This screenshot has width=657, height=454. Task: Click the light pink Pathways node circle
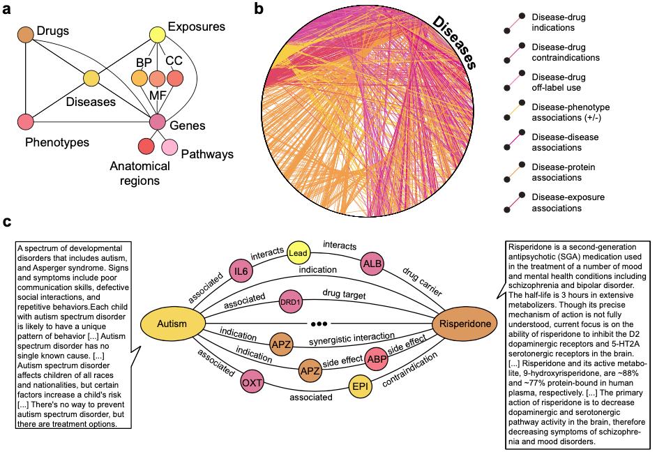(x=170, y=147)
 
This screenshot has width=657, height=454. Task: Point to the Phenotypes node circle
(x=26, y=121)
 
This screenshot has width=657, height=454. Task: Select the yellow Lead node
(x=298, y=255)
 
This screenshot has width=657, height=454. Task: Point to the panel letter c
(x=7, y=222)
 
